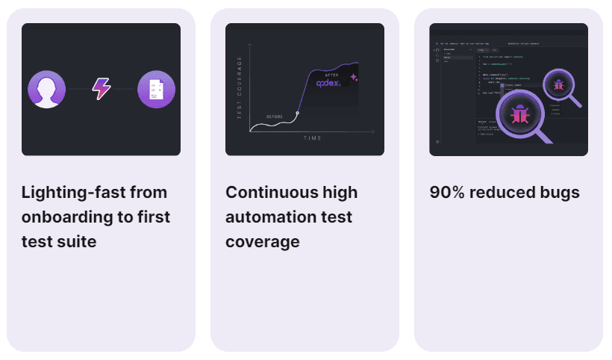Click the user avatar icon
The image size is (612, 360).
pos(47,90)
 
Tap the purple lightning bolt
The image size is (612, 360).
pos(101,89)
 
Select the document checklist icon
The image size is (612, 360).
pos(157,90)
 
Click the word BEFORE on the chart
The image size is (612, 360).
pos(275,117)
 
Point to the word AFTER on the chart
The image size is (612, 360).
pos(332,75)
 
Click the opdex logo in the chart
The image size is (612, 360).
pos(328,83)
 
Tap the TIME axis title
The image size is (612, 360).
pos(313,138)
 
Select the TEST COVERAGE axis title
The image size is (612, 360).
pos(240,87)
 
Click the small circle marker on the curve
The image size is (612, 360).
pos(298,114)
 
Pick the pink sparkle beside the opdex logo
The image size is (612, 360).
pos(354,77)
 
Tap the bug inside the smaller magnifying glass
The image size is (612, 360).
pos(558,85)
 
